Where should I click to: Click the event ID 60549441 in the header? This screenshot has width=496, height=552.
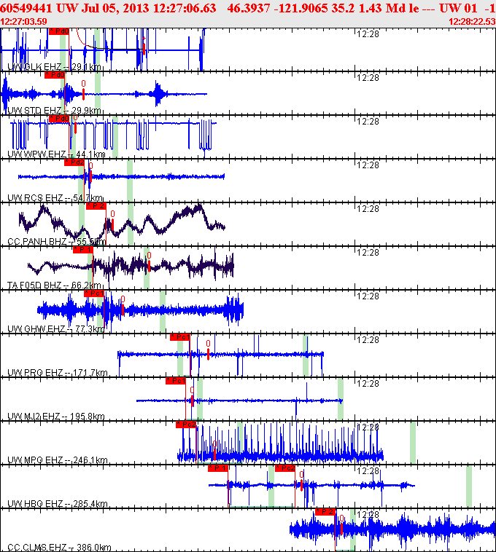[27, 8]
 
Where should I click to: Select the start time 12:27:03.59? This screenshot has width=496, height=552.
[24, 21]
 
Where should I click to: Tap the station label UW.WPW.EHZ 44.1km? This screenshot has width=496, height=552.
[56, 154]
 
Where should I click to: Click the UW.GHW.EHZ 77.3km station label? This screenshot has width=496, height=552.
[56, 329]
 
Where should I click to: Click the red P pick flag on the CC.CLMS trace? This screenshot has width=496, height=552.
[325, 512]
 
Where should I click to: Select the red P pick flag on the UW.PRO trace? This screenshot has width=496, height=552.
[179, 337]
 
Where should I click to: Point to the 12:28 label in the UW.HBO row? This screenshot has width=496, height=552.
[368, 471]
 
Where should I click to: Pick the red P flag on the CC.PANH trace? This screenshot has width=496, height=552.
[96, 206]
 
